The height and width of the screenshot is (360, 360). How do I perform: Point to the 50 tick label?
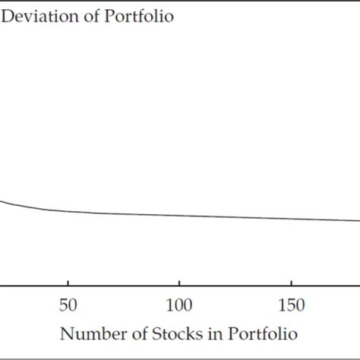(x=68, y=305)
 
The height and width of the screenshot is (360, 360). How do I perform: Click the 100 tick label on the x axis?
(x=179, y=305)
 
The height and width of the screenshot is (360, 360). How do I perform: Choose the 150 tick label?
(x=292, y=305)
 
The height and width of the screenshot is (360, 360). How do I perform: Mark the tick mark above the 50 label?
(x=68, y=283)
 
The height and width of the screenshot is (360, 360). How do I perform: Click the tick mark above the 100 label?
(x=179, y=283)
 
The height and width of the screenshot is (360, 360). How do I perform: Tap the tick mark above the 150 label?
(x=292, y=283)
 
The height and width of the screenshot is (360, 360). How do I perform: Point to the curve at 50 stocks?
(x=68, y=211)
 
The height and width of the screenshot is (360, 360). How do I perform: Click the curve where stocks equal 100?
(x=179, y=216)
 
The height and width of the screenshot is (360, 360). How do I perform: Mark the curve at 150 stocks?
(x=292, y=219)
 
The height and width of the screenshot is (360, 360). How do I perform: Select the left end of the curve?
(x=2, y=201)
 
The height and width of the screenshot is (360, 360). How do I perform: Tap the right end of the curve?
(x=358, y=222)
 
